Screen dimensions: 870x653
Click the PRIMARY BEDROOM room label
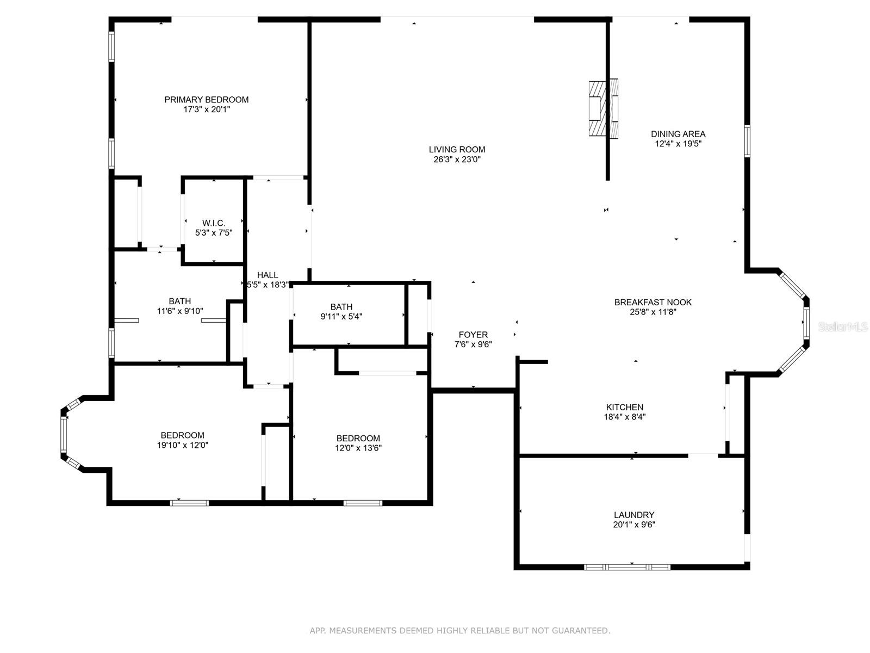pos(206,100)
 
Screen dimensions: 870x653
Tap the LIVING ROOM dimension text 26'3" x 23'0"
pos(457,159)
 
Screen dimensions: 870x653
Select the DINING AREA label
pos(678,134)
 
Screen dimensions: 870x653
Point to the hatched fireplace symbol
pos(603,109)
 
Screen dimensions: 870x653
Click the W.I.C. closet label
pos(213,223)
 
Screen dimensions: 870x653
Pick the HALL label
pos(268,275)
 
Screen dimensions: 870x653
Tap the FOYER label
pos(473,335)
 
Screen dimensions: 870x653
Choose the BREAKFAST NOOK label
pos(653,302)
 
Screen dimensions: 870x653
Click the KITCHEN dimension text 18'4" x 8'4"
pos(625,417)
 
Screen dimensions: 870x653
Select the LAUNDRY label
pos(634,515)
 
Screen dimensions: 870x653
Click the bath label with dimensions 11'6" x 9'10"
pos(179,301)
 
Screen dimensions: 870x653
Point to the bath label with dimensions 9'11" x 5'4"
pos(341,307)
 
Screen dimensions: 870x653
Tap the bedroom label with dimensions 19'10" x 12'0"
pos(182,435)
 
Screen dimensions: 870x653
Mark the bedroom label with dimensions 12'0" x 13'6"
pos(358,439)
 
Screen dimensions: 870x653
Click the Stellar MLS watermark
pos(843,327)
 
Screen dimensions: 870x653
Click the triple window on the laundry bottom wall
pos(627,568)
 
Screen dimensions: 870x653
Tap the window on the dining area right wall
pos(747,141)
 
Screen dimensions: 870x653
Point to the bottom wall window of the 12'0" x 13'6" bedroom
pos(363,503)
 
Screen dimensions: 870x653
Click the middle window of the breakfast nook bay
pos(806,323)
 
